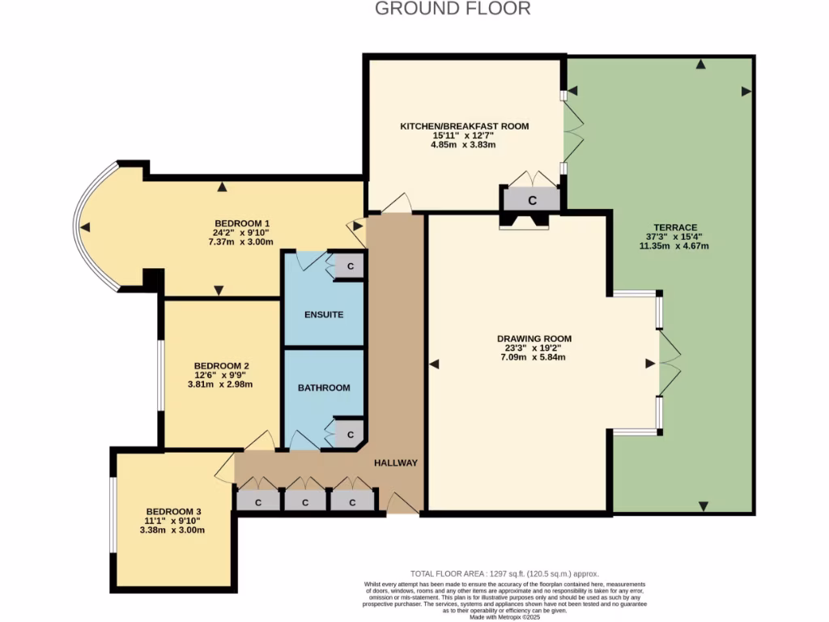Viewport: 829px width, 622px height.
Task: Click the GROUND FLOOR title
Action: coord(453,9)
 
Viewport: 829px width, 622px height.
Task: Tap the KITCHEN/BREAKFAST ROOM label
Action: coord(464,126)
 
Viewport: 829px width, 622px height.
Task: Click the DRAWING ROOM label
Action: coord(534,339)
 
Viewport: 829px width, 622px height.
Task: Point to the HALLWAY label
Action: coord(395,462)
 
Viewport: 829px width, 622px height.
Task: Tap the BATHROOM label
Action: coord(324,388)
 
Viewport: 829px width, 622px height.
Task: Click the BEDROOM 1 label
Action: coord(241,224)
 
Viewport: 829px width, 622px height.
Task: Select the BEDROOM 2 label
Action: coord(216,365)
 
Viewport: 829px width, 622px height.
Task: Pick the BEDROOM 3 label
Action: coord(172,512)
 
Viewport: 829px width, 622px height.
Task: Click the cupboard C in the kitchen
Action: coord(532,199)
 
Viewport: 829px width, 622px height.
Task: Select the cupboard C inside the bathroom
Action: coord(351,435)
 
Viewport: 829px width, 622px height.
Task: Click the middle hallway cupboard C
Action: coord(305,502)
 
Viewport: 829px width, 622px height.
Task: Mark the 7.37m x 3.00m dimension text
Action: coord(240,242)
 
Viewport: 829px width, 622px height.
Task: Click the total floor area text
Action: coord(504,573)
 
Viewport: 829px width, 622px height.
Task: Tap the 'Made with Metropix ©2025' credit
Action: coord(504,617)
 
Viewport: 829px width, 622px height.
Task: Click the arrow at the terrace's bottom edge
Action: coord(703,506)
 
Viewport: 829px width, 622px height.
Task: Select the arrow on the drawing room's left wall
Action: coord(434,364)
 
